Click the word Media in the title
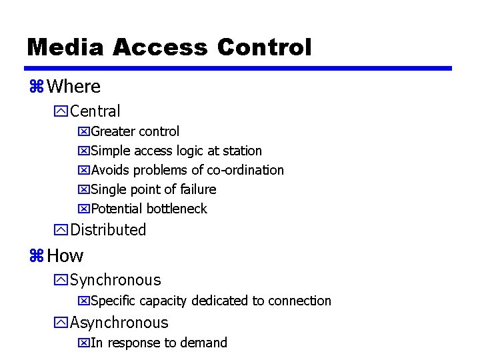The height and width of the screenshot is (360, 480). [65, 47]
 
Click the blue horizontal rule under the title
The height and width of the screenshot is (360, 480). [239, 68]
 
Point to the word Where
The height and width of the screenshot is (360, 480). [74, 87]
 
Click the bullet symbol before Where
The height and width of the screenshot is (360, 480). [36, 87]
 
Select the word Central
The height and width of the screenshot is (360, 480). [95, 111]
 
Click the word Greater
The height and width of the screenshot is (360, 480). [113, 131]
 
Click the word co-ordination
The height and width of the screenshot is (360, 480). [245, 170]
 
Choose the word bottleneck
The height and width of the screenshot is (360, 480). [177, 209]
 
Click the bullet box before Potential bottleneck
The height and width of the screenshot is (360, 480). [83, 209]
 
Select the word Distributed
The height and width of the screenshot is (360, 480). [108, 230]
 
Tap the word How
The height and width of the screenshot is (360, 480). [65, 255]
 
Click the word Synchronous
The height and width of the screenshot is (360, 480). [115, 280]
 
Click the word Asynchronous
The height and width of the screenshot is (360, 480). [119, 323]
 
